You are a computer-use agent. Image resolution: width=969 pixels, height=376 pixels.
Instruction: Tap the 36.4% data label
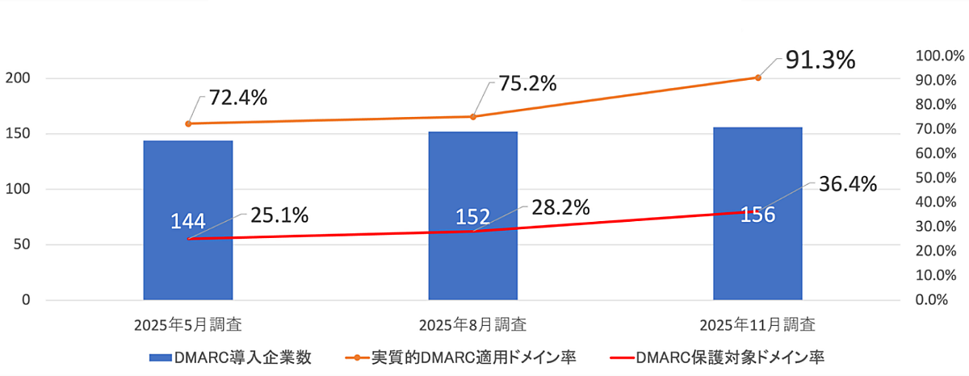847,184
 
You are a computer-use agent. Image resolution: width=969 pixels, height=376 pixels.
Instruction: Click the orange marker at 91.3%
757,77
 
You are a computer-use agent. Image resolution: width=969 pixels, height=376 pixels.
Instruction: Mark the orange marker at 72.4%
188,123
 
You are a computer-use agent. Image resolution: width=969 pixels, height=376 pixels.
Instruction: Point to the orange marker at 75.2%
473,117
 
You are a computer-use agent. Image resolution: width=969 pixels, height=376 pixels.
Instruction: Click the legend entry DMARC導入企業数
230,357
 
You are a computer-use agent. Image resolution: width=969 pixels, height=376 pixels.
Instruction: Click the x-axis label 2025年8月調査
473,325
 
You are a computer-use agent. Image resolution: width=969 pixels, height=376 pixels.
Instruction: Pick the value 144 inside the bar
188,221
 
